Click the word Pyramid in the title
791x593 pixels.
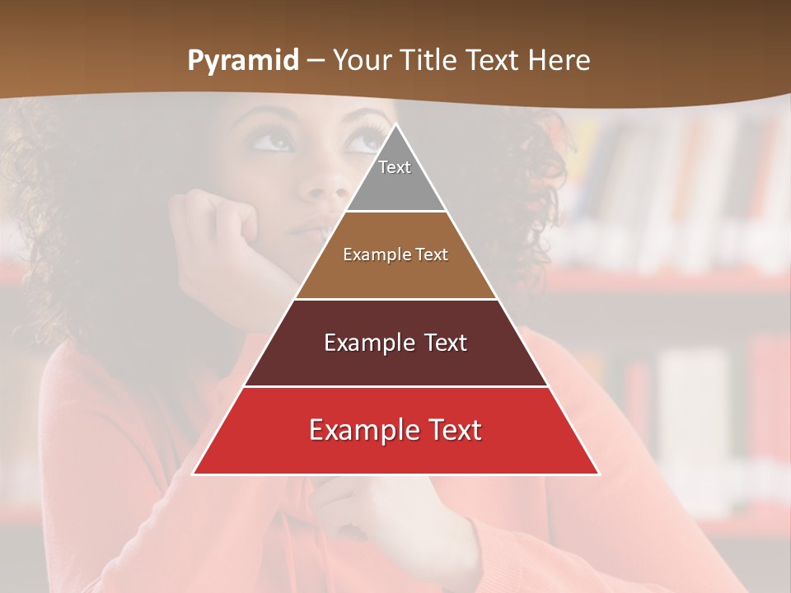coord(242,61)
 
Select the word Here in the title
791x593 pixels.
coord(559,60)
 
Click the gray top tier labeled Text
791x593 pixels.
coord(395,173)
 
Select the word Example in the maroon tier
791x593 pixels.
coord(367,343)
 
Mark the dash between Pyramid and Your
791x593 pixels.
coord(315,61)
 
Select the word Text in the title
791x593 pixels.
coord(492,60)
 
